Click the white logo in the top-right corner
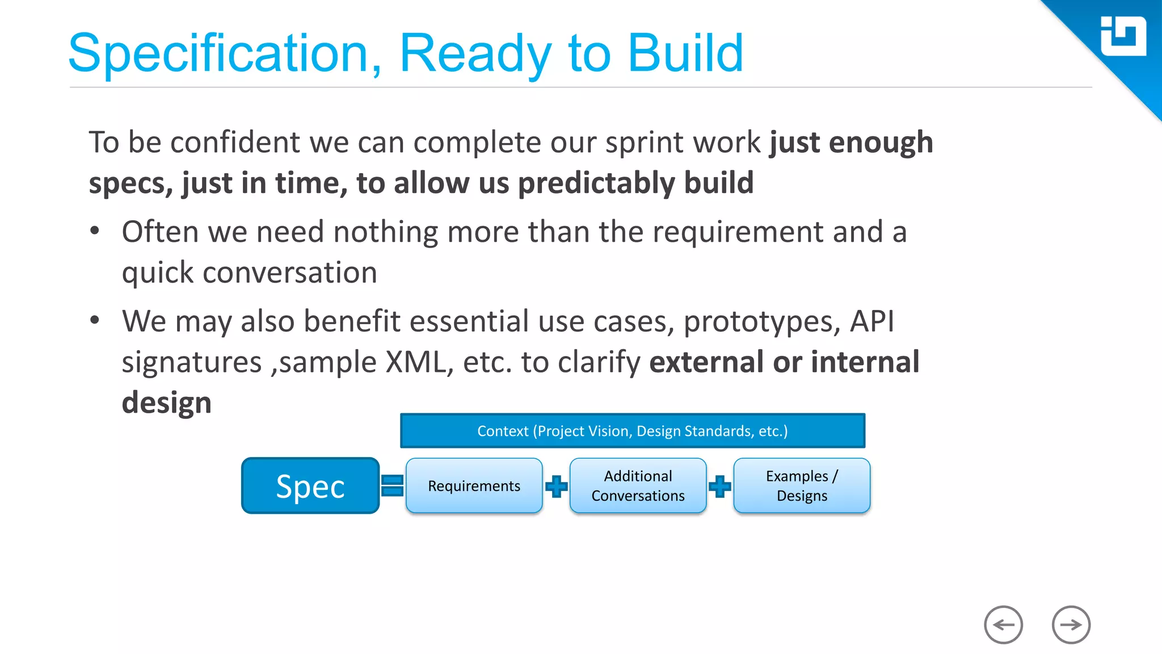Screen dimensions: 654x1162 1123,36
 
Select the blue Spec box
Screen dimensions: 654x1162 310,486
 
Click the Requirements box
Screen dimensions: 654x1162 474,486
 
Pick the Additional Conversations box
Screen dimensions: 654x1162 638,486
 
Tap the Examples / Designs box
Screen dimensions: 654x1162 802,486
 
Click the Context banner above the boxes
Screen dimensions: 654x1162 632,431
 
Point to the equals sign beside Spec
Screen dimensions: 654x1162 392,486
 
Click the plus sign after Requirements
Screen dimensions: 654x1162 556,486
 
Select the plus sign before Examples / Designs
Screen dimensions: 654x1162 720,486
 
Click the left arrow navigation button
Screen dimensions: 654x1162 1003,625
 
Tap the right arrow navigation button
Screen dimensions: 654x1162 1071,625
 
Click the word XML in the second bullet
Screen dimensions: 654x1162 415,362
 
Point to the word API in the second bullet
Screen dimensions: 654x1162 871,321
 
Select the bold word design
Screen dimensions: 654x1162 166,403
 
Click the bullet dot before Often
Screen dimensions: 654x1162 95,231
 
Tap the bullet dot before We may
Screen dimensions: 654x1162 95,320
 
